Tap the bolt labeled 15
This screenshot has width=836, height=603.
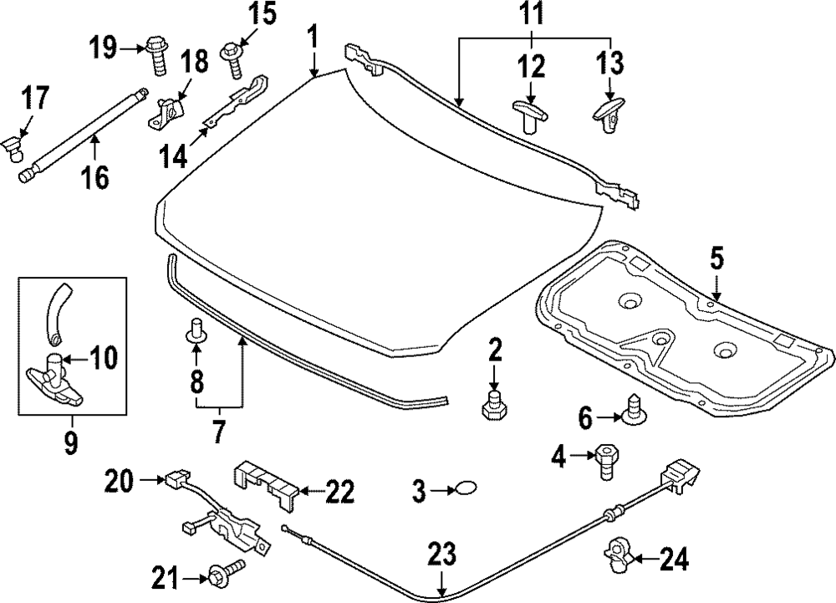point(232,54)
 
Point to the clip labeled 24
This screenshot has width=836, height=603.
point(617,553)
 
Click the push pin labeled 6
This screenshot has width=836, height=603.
point(636,408)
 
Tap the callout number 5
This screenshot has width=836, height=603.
point(716,258)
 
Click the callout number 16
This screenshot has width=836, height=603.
point(96,176)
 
